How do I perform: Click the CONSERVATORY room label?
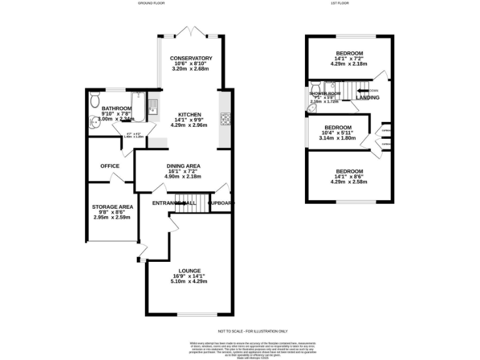coord(191,58)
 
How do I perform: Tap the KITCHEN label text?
coord(189,115)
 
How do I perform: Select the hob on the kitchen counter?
coord(225,118)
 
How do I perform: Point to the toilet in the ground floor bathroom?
coord(94,99)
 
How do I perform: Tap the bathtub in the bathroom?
coord(138,107)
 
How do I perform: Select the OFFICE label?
coord(110,166)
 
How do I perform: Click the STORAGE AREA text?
coord(112,207)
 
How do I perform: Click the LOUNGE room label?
coord(189,271)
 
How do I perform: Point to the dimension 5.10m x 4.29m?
coord(189,281)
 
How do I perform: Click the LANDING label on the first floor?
coord(367,98)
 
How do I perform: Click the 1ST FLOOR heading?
coord(340,4)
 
